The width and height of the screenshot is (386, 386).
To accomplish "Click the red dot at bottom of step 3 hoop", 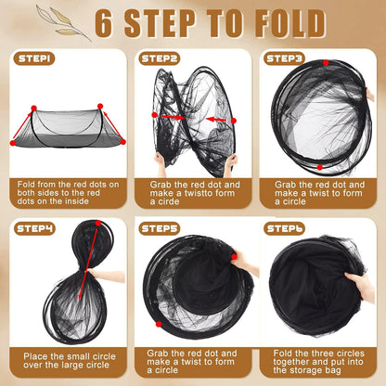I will point(320,167).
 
